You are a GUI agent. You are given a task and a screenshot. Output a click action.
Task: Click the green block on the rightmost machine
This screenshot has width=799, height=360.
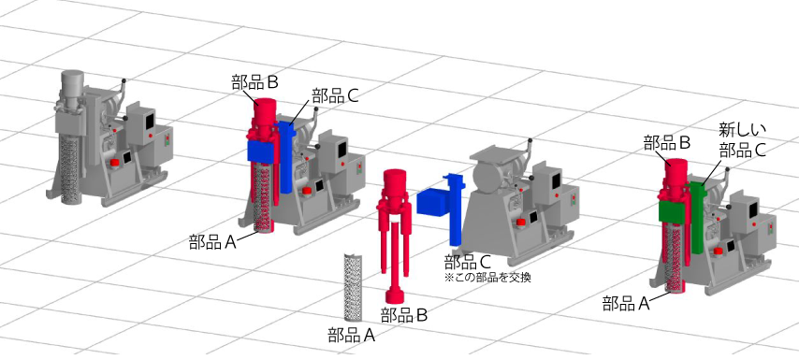pos(674,210)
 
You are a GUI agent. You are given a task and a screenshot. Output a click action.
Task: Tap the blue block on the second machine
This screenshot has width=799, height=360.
pos(261,151)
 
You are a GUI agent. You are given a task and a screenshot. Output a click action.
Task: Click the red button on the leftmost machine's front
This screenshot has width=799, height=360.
pos(115,163)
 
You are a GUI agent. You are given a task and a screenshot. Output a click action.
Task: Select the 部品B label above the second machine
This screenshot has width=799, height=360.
pos(254,83)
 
